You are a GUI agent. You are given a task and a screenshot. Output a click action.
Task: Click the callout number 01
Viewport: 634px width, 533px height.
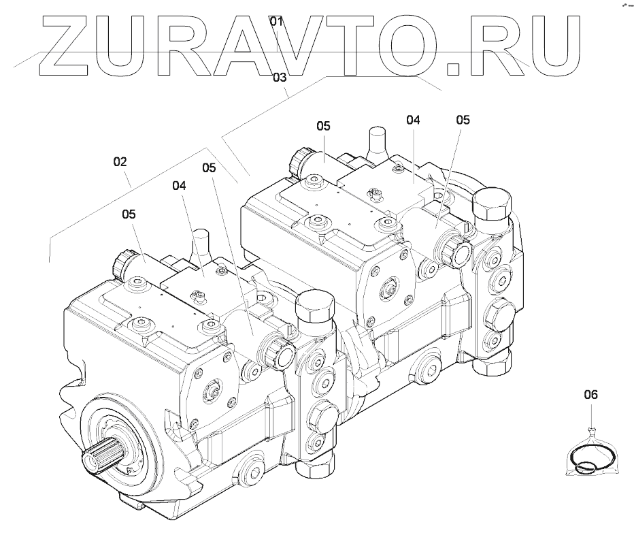[x=276, y=21]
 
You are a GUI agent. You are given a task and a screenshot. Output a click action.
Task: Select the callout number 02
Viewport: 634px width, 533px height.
[x=120, y=162]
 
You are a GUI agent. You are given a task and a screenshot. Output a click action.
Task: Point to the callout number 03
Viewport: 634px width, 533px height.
[x=280, y=78]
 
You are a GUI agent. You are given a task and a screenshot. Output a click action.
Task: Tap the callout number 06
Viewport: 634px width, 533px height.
[x=590, y=394]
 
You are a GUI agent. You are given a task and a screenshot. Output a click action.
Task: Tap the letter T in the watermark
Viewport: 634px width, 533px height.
[x=368, y=44]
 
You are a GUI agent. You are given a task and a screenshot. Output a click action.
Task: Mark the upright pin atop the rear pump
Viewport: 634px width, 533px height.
[x=376, y=144]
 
